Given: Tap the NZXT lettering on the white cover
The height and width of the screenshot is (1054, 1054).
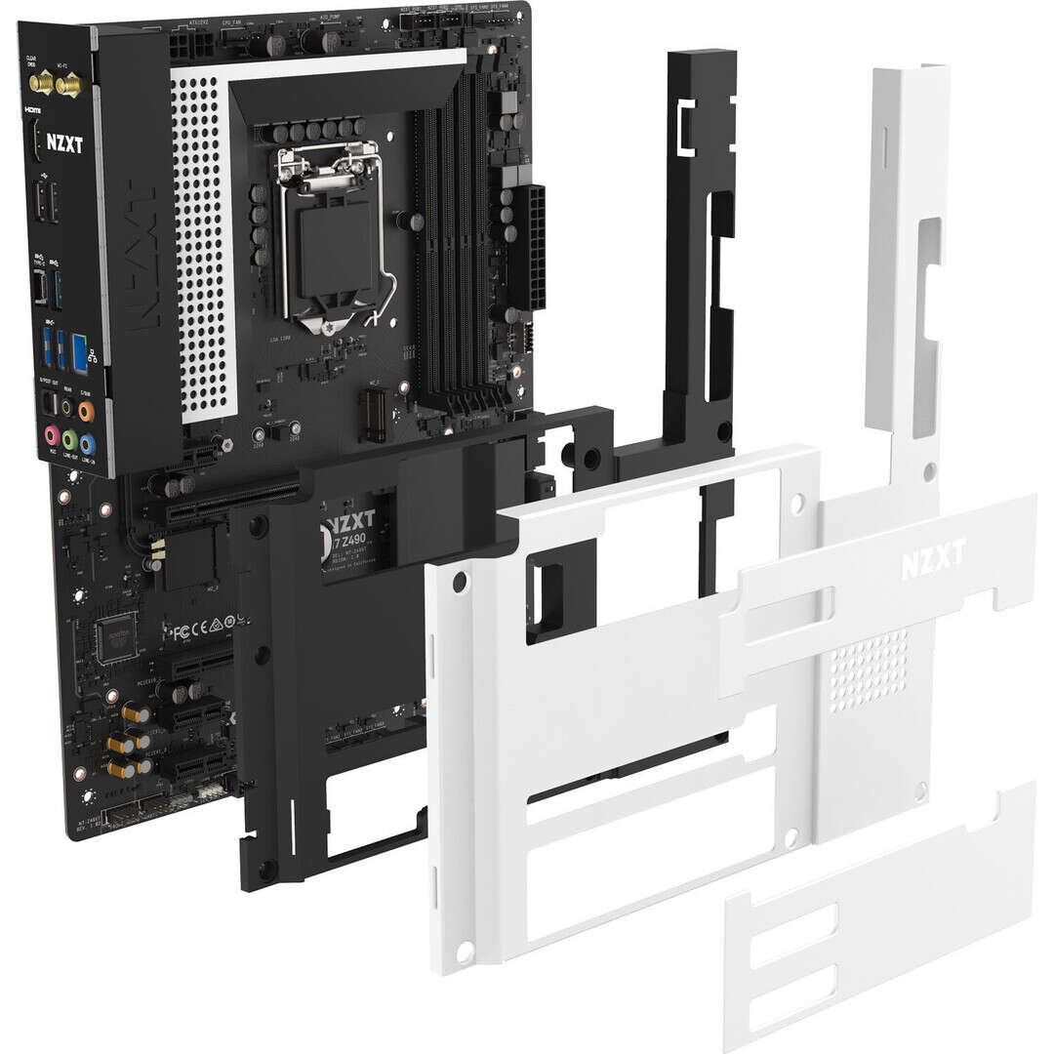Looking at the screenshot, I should tap(932, 557).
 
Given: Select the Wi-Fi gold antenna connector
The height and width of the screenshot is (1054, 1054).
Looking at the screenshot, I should tap(68, 87).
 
